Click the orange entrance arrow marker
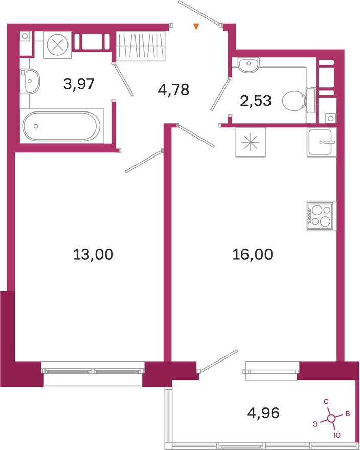click(x=196, y=27)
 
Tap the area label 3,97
click(x=79, y=84)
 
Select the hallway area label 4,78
click(x=173, y=89)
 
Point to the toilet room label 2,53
click(x=256, y=101)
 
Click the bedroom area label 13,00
click(x=93, y=254)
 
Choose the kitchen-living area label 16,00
click(x=253, y=254)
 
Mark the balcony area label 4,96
click(x=263, y=413)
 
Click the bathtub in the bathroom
click(x=61, y=126)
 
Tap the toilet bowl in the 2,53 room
click(x=294, y=101)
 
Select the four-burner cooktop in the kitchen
click(x=321, y=216)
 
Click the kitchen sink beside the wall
click(x=321, y=142)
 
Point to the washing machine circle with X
click(x=57, y=45)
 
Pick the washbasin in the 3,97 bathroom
click(x=30, y=81)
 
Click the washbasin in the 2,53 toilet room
click(x=249, y=64)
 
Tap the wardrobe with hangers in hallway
click(x=141, y=46)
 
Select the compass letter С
click(x=326, y=402)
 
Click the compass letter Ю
click(x=337, y=435)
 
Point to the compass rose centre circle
click(x=331, y=418)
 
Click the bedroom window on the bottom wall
click(x=93, y=371)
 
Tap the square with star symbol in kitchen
click(x=251, y=142)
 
